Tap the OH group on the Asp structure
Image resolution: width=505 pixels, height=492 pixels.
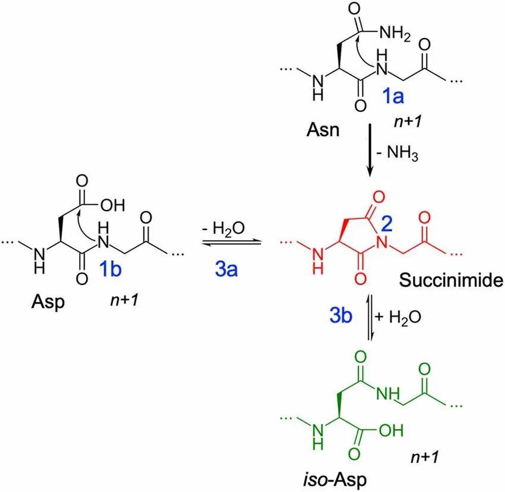point(112,206)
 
